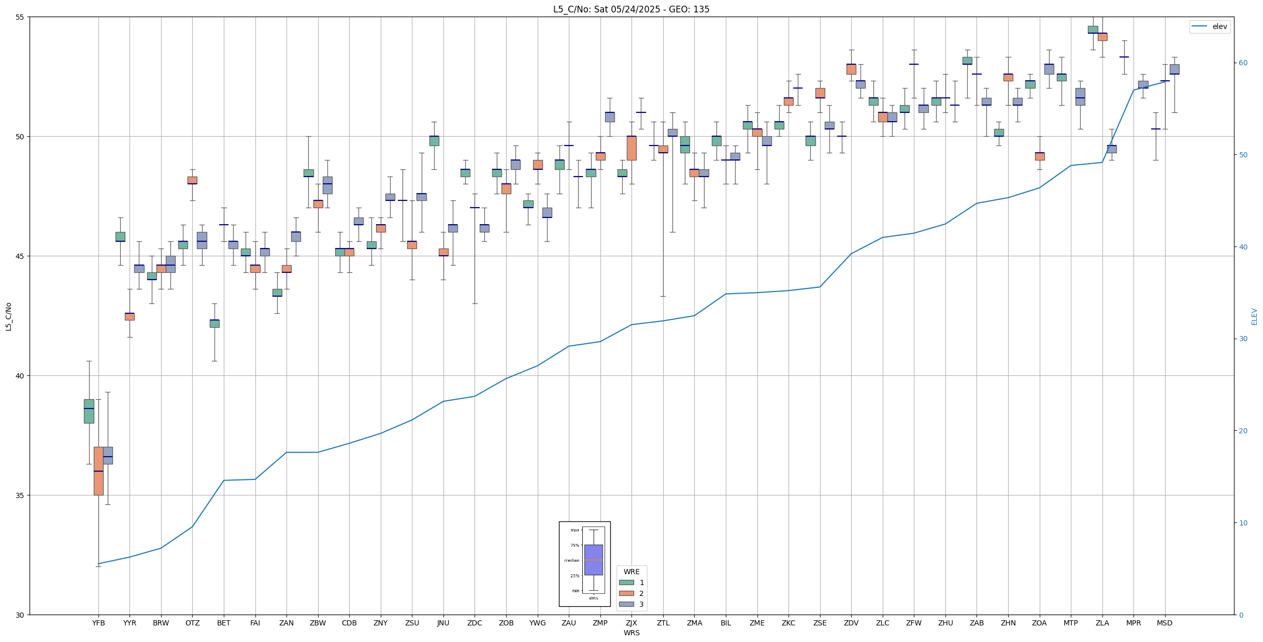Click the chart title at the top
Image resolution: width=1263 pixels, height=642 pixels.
click(x=631, y=9)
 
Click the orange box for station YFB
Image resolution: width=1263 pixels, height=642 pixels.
click(x=98, y=471)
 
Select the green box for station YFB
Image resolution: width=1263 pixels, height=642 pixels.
click(x=89, y=411)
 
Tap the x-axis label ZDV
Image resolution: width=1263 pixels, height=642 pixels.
click(x=851, y=623)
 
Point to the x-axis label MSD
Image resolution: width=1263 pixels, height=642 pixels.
click(x=1165, y=623)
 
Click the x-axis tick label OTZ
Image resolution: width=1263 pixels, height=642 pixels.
click(x=192, y=623)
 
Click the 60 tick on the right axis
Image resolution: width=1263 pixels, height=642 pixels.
click(x=1243, y=63)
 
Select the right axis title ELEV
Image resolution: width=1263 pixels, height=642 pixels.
click(x=1254, y=316)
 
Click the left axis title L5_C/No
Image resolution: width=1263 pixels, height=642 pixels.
click(x=8, y=316)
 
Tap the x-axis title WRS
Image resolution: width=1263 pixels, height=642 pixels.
click(x=631, y=633)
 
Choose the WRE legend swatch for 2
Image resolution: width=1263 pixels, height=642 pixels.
click(x=626, y=593)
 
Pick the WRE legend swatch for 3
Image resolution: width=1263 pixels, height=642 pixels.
click(x=626, y=604)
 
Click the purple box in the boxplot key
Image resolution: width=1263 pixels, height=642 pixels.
click(x=593, y=560)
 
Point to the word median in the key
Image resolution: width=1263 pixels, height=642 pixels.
click(x=572, y=561)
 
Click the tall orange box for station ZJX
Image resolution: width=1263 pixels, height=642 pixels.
click(x=631, y=148)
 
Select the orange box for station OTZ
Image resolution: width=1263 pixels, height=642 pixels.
click(x=192, y=180)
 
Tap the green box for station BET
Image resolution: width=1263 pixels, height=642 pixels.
click(x=214, y=324)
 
